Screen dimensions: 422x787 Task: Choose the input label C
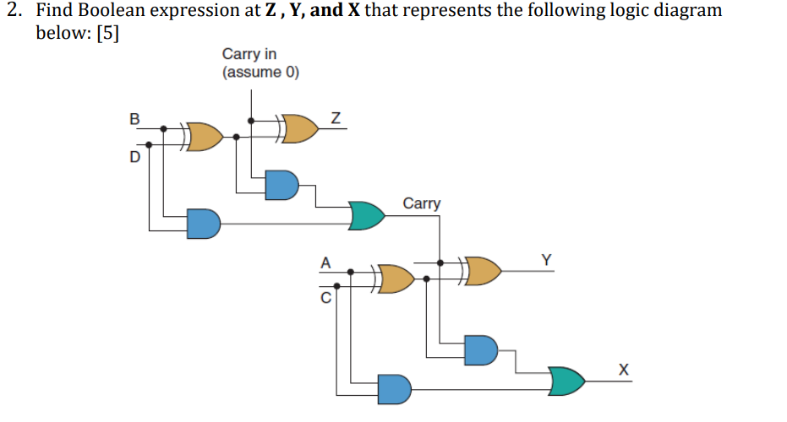pyautogui.click(x=324, y=297)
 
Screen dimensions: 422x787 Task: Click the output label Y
pyautogui.click(x=547, y=260)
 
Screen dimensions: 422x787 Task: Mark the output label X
pyautogui.click(x=624, y=369)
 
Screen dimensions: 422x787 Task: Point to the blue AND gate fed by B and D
pyautogui.click(x=203, y=223)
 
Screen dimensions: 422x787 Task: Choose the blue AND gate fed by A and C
pyautogui.click(x=394, y=388)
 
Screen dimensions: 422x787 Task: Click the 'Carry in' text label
pyautogui.click(x=249, y=55)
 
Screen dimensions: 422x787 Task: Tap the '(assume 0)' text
pyautogui.click(x=260, y=72)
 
